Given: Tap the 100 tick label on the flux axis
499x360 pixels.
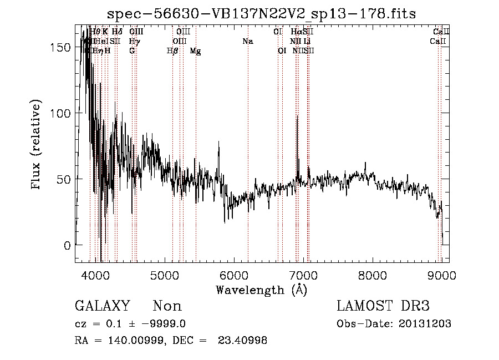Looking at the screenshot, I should tap(63, 113).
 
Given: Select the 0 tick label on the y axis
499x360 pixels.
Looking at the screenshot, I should tap(68, 245).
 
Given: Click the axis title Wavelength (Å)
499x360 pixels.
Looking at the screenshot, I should tap(261, 290).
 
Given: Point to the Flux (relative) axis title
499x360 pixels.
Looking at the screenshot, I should tap(37, 145).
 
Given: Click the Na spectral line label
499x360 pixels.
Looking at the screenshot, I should tap(248, 41).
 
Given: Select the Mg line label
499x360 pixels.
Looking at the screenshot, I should tap(195, 51).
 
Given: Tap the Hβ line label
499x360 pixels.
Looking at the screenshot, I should tap(172, 51).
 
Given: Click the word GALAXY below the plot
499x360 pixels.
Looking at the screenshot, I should tap(102, 306).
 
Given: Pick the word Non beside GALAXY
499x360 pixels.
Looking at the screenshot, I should tap(167, 306).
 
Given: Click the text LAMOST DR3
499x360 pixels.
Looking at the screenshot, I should tap(383, 306).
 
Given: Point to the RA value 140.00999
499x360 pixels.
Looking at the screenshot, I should tap(129, 341).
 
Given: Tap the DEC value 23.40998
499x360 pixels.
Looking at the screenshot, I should tap(245, 341).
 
